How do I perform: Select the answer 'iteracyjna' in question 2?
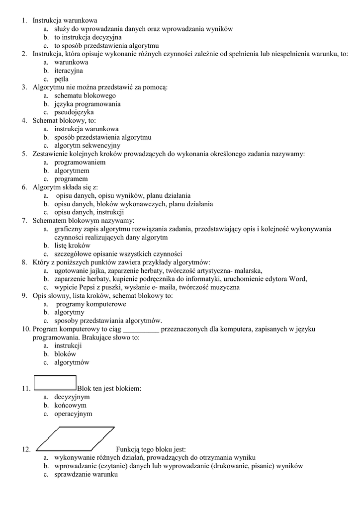pos(69,71)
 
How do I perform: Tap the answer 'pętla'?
pos(62,79)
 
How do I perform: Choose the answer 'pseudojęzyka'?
pos(74,112)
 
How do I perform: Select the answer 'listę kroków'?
pos(72,246)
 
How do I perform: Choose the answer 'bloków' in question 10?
pos(65,354)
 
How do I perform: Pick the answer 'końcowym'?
pos(70,405)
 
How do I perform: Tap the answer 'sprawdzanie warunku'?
pos(86,474)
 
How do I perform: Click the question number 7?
pos(24,220)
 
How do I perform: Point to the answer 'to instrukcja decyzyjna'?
pos(88,37)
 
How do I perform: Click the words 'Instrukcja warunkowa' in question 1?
pos(65,20)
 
